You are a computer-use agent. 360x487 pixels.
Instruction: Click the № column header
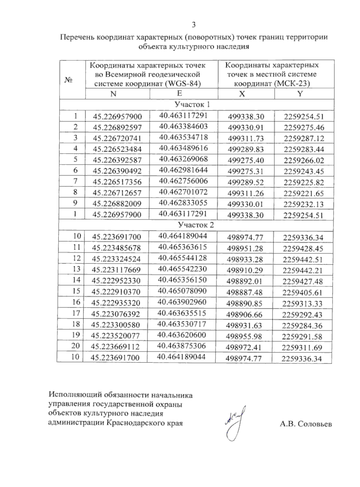[69, 80]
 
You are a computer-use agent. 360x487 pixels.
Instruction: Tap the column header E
[179, 93]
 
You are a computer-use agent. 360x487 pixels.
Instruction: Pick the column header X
[242, 94]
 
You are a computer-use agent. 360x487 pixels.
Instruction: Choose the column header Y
[300, 94]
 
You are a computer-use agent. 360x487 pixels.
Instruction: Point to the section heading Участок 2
[196, 225]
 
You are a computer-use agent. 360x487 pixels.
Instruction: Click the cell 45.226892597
[117, 128]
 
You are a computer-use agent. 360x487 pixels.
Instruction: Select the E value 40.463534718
[183, 137]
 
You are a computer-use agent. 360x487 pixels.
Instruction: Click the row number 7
[76, 181]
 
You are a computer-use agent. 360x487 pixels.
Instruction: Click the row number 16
[76, 302]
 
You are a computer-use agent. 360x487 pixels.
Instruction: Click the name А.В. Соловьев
[306, 424]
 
